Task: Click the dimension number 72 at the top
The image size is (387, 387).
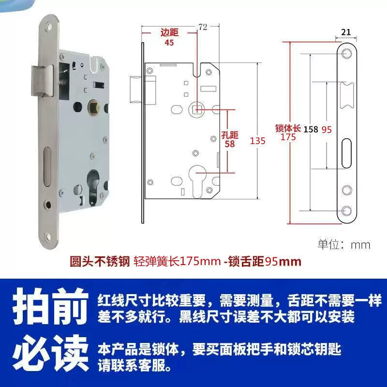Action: tap(203, 27)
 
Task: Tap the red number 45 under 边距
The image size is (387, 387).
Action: tap(169, 43)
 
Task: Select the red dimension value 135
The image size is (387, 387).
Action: tap(258, 141)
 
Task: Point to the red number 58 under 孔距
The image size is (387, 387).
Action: tap(229, 144)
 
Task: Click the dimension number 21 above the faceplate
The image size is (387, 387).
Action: tap(346, 32)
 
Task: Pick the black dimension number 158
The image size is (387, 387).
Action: tap(311, 129)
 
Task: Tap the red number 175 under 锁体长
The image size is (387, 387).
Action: tap(288, 137)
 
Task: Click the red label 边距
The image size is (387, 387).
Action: tap(169, 32)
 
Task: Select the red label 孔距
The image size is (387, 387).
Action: tap(230, 135)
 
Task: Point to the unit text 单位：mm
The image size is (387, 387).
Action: tap(344, 245)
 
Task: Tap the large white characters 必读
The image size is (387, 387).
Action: tap(51, 353)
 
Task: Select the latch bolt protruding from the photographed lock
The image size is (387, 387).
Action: tap(43, 80)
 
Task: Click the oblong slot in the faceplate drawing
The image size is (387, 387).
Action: tap(346, 153)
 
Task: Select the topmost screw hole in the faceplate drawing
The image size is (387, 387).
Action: tap(346, 53)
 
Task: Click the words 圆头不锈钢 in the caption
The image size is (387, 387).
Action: tap(100, 261)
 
